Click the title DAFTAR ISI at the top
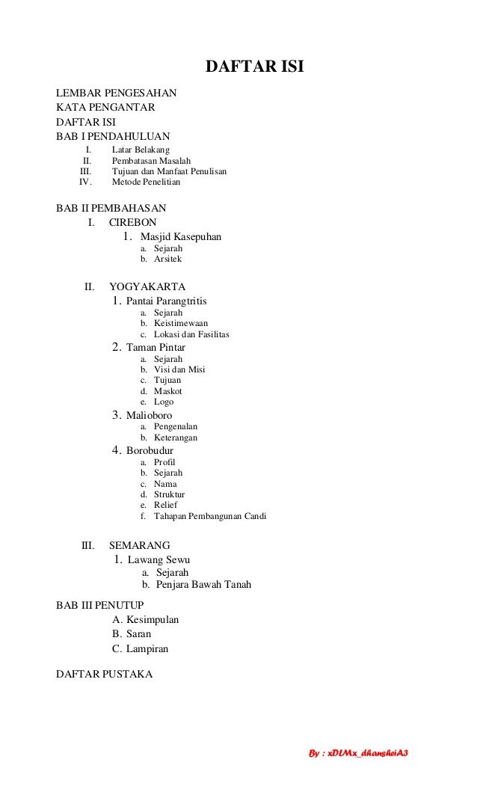(x=254, y=70)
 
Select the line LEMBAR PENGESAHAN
(x=116, y=93)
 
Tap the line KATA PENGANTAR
(x=105, y=108)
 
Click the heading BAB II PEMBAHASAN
(x=111, y=207)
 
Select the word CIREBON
(x=133, y=222)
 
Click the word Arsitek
(x=167, y=259)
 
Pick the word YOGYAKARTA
(x=147, y=286)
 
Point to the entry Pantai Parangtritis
(x=166, y=301)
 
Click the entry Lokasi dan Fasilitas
(x=191, y=334)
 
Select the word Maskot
(x=167, y=391)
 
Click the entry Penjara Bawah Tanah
(x=203, y=585)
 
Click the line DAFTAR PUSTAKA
(x=104, y=675)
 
